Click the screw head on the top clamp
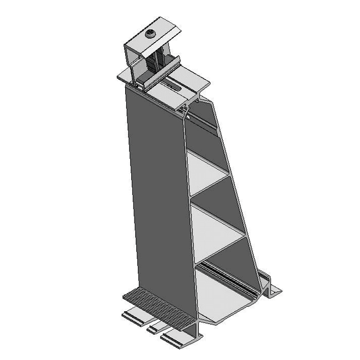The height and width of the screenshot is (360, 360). point(151,35)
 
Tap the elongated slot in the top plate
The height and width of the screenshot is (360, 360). point(174,86)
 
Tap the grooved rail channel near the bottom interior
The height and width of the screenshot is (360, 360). point(230,279)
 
